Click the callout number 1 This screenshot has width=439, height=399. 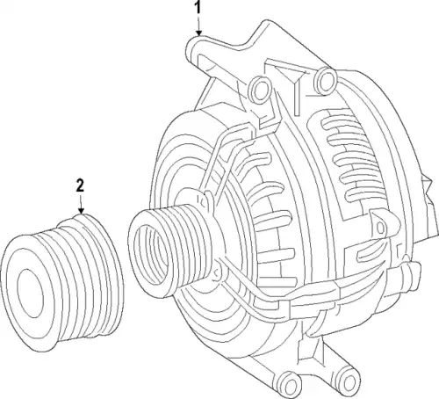198,7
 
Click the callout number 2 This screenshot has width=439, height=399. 80,185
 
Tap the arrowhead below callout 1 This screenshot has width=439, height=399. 198,33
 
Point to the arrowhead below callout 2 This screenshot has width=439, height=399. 81,211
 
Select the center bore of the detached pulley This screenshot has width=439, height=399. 31,294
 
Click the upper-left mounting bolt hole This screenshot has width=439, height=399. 260,90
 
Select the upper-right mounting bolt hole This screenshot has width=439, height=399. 325,80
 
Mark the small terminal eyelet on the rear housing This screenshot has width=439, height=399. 380,227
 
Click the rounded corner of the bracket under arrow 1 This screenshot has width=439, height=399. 190,45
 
